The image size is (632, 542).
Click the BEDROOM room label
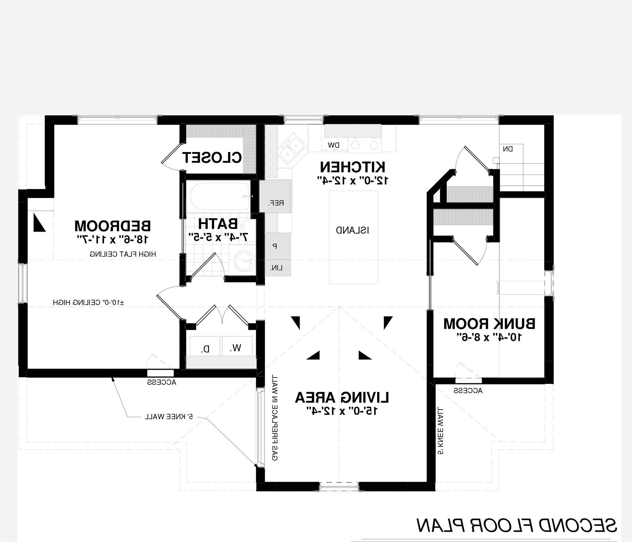tap(113, 226)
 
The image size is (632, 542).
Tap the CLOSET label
tap(212, 157)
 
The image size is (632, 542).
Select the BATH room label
tap(218, 223)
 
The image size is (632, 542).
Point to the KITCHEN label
tap(352, 167)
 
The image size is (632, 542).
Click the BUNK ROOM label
tap(489, 323)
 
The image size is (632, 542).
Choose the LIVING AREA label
tap(342, 398)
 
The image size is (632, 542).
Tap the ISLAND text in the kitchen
tap(352, 230)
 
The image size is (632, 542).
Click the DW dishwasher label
tap(334, 145)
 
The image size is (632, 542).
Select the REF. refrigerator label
tap(276, 203)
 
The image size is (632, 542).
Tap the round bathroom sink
tap(244, 261)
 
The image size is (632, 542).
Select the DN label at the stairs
tap(508, 149)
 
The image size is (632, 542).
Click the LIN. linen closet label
tap(276, 268)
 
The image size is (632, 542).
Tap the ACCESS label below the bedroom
tap(161, 382)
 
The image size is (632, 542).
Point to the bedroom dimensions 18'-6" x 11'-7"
tap(113, 239)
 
